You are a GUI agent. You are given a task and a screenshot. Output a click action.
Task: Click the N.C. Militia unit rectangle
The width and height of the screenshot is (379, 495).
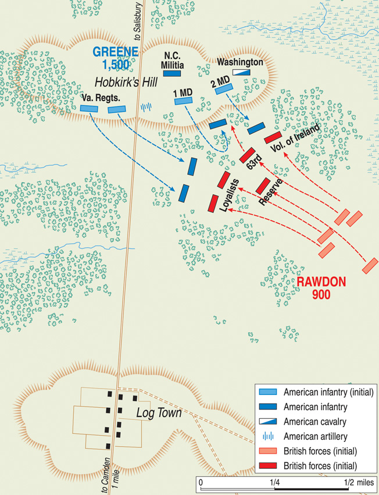172,74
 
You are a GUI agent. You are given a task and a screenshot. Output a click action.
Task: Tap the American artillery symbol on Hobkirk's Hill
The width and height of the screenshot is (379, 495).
148,106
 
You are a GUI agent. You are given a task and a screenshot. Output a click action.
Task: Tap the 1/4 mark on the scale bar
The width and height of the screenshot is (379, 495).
273,483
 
